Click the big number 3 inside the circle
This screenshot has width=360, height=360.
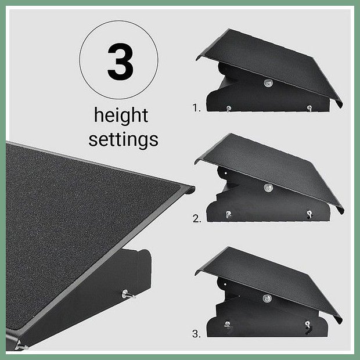click(120, 62)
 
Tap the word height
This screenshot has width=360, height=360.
click(121, 116)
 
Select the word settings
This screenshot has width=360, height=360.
click(123, 139)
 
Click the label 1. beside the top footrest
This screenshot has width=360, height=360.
click(196, 108)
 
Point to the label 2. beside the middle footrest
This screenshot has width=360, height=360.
click(197, 218)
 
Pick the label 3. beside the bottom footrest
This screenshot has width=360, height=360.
click(196, 334)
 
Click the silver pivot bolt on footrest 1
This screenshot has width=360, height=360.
click(268, 83)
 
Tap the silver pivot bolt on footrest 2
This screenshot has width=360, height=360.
click(268, 188)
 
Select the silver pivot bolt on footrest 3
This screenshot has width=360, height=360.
click(267, 298)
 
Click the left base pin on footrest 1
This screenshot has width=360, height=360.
click(229, 109)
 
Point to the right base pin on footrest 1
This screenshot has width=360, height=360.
click(309, 108)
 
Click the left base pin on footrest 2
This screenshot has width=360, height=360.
click(228, 214)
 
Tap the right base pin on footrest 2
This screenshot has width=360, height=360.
click(309, 214)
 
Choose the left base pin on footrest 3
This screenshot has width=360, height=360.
click(227, 324)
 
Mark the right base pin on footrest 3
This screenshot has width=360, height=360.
click(308, 325)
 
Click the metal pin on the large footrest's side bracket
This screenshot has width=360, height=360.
click(128, 294)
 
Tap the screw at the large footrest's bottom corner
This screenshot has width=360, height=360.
click(21, 346)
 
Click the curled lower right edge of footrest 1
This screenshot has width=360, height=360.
click(339, 104)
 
